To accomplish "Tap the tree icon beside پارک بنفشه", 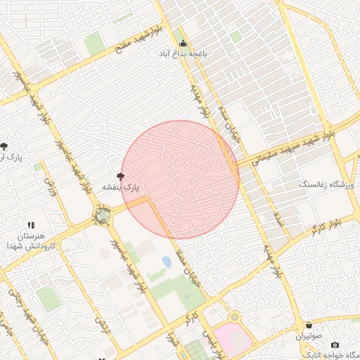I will coord(121,177).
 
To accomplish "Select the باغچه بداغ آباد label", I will coord(184,53).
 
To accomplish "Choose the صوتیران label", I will coord(310,336).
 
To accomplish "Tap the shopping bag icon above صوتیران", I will coord(310,326).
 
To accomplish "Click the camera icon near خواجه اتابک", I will coord(335,345).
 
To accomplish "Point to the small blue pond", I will coord(167,262).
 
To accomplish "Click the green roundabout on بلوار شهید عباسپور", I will coord(103,213).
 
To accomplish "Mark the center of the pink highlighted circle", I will coord(180,179).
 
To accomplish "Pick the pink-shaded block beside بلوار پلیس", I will coord(232,341).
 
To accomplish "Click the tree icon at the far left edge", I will coord(5,146).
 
